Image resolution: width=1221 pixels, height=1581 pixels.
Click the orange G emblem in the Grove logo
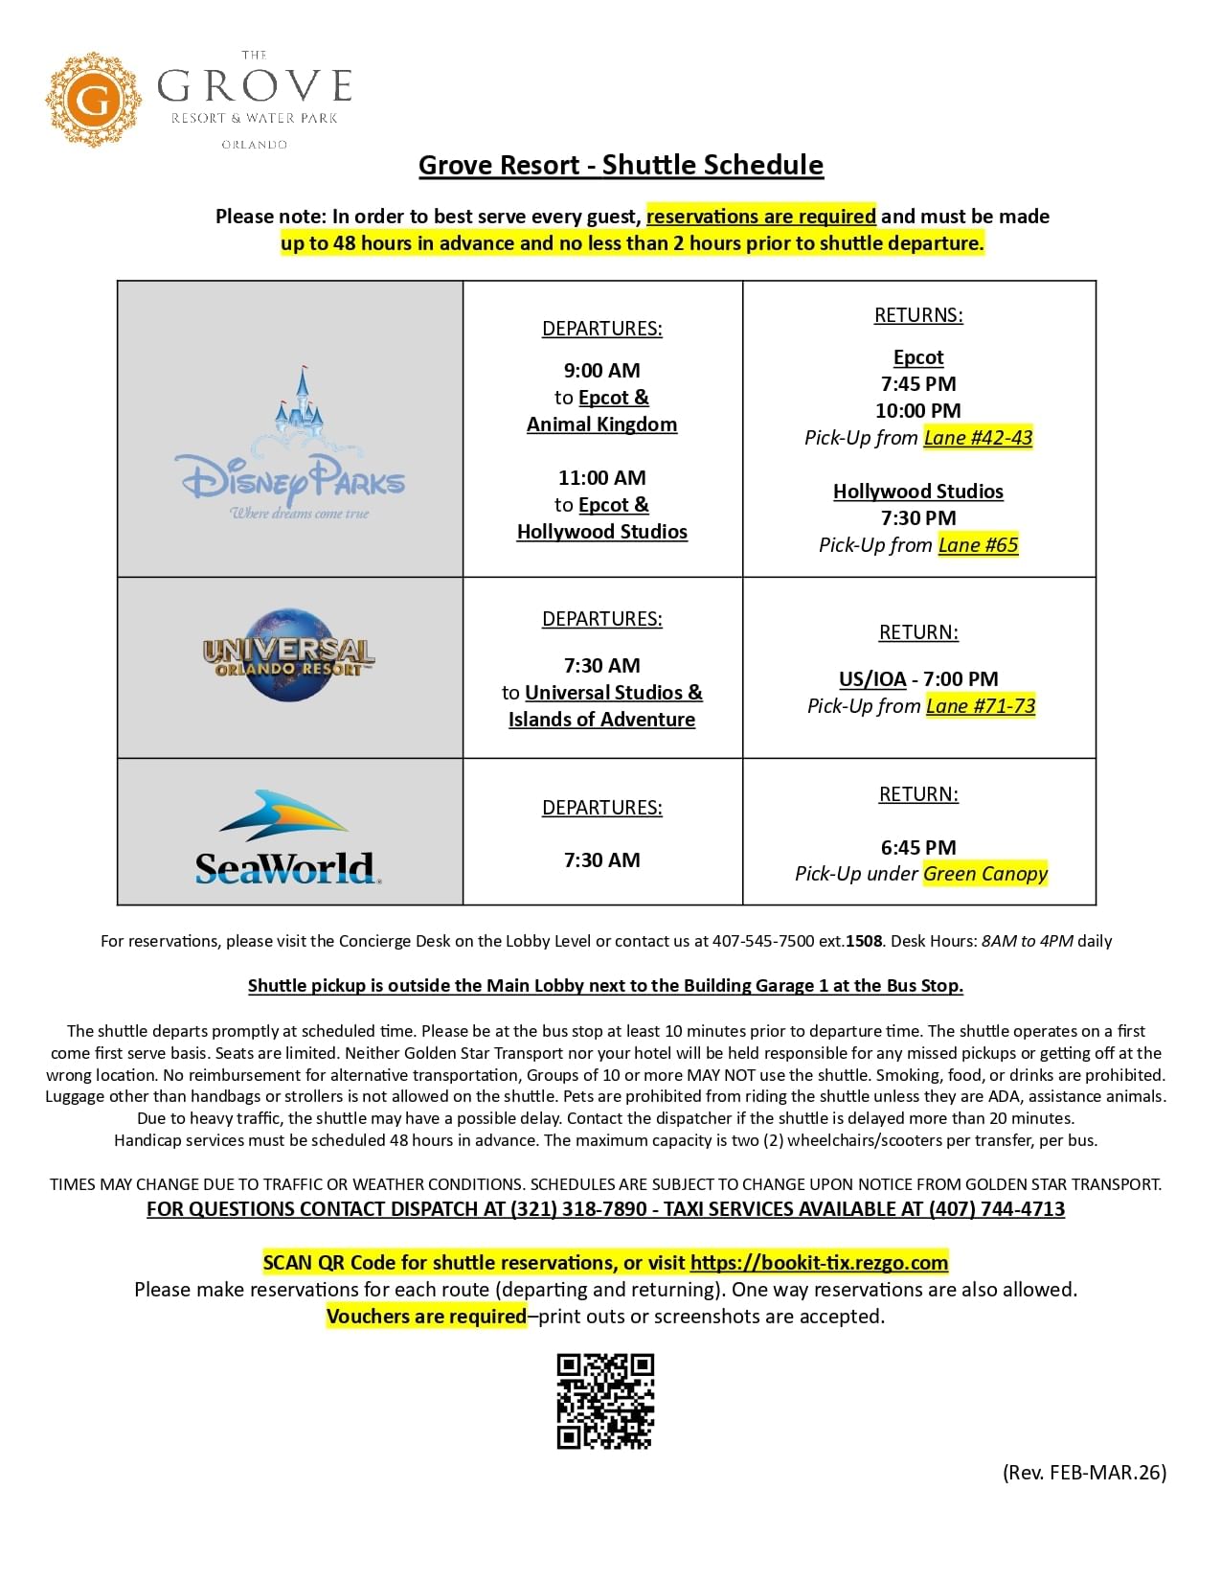click(93, 101)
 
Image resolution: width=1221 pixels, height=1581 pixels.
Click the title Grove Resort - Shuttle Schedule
click(621, 165)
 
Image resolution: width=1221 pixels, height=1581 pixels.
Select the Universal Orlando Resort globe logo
click(288, 654)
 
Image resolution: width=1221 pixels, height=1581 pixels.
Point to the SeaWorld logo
click(287, 839)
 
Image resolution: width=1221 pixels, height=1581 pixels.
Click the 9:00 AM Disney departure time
click(601, 371)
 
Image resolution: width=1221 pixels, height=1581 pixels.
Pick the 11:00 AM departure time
click(601, 478)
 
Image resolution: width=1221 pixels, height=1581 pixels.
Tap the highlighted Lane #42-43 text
click(978, 438)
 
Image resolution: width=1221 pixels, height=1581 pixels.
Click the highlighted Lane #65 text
click(978, 545)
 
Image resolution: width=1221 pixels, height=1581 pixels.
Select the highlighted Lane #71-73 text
click(981, 706)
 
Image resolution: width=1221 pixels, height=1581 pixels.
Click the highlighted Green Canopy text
click(985, 874)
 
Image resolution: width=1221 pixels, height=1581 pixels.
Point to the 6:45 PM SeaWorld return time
click(918, 847)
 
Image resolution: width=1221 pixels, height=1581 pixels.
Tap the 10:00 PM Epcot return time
click(918, 411)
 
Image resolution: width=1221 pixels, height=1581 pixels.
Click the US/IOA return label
click(872, 679)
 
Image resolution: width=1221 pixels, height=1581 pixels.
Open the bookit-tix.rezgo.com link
click(819, 1263)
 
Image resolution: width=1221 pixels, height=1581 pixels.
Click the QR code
click(605, 1401)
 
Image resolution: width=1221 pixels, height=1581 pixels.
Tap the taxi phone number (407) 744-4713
click(996, 1209)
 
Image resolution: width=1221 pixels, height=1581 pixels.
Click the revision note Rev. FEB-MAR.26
click(1084, 1473)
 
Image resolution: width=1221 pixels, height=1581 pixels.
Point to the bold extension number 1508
click(864, 941)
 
